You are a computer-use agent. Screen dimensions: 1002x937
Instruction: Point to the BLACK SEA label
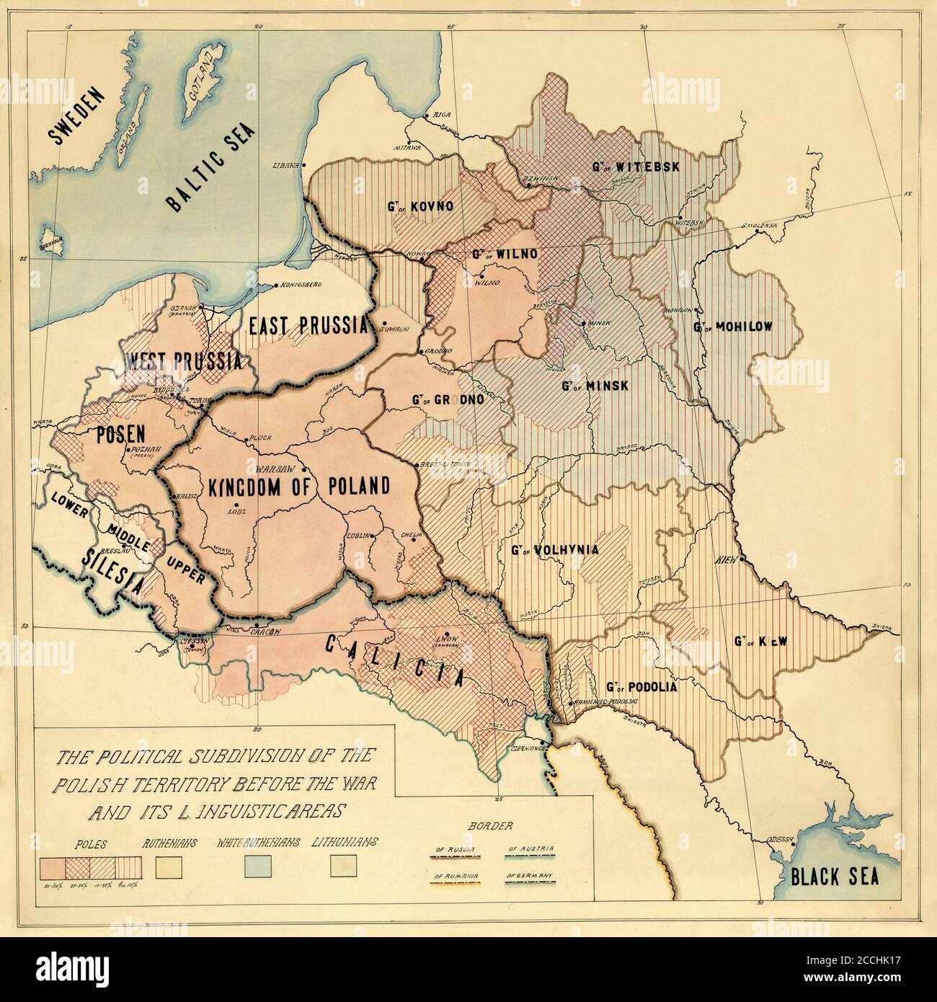click(834, 877)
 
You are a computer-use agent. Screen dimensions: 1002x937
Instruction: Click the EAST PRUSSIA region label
click(308, 326)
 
